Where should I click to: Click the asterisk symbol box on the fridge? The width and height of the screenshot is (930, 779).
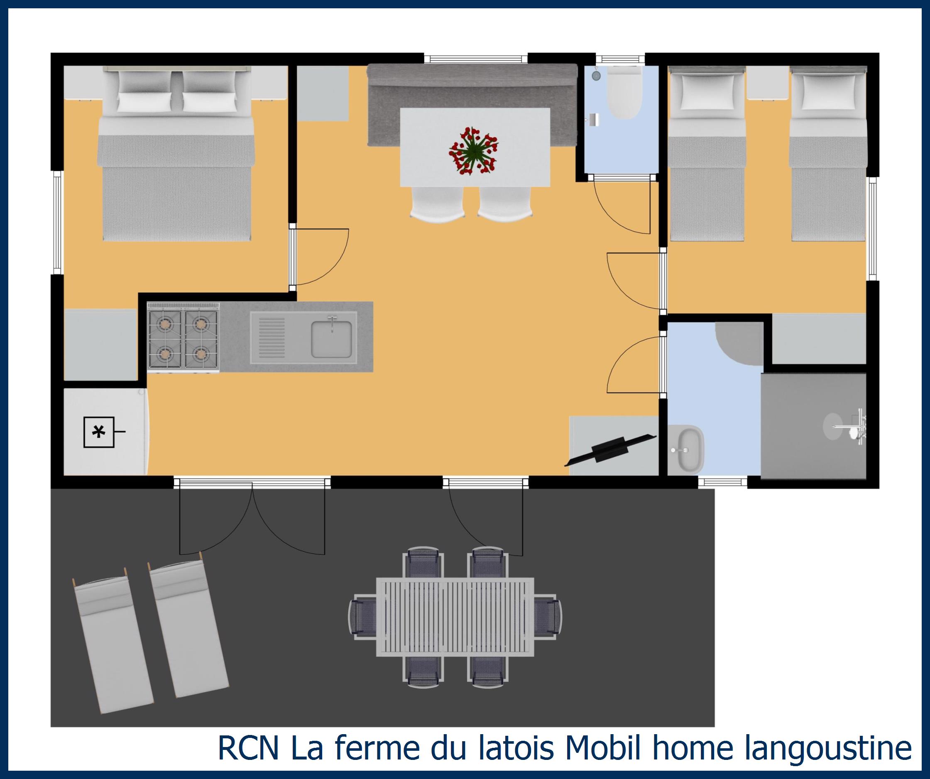coord(99,432)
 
